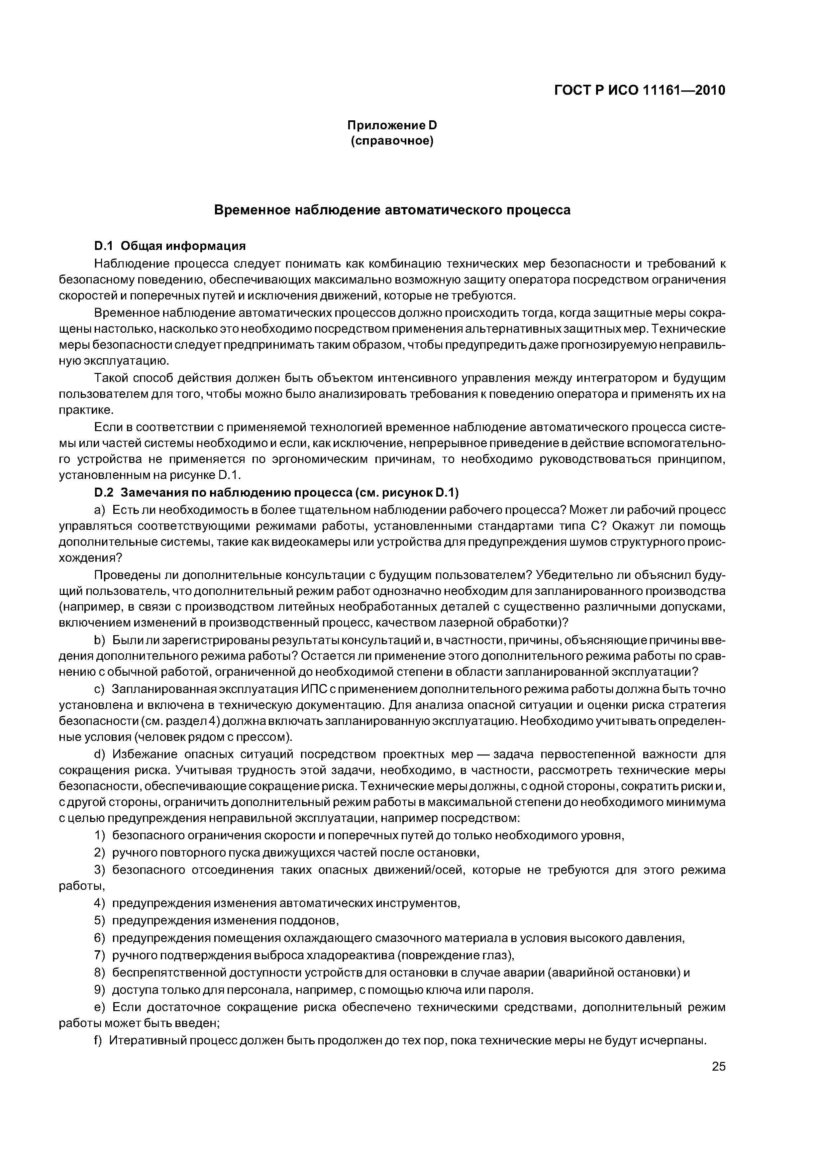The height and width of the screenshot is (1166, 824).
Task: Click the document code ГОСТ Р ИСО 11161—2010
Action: [x=639, y=90]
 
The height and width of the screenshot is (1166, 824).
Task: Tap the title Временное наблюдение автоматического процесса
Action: [x=392, y=210]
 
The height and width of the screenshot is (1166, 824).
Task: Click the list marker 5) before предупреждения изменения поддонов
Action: [x=100, y=920]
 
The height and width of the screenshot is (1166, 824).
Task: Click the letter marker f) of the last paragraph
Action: [x=98, y=1041]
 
